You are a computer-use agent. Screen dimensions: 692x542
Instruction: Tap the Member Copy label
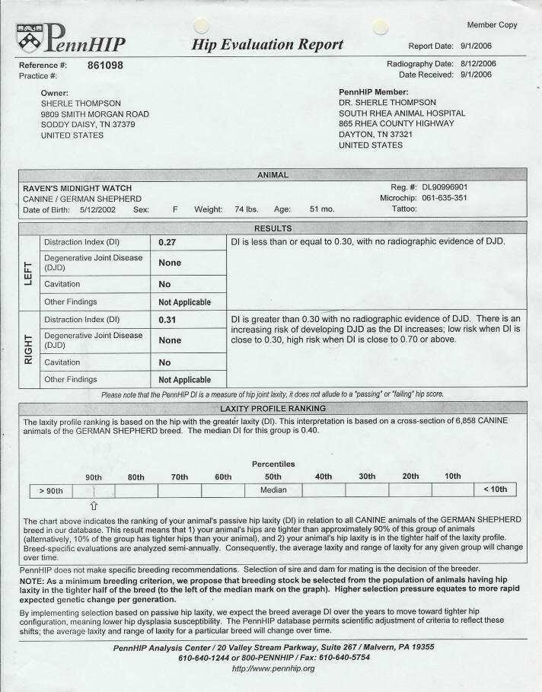pyautogui.click(x=492, y=25)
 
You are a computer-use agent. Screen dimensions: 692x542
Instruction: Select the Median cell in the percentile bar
pyautogui.click(x=273, y=490)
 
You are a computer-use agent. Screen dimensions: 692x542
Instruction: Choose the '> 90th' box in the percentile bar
pyautogui.click(x=52, y=490)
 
